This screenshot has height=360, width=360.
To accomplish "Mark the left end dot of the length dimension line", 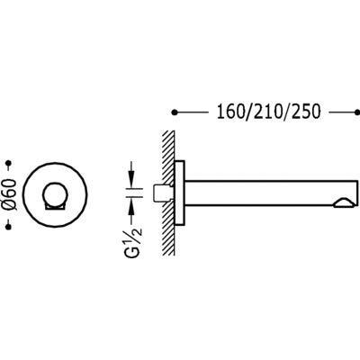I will point(175,114).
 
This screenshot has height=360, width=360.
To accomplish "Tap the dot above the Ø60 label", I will point(11,164).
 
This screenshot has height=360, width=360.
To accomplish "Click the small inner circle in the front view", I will point(56,194).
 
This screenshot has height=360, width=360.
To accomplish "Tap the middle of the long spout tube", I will point(261,193).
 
